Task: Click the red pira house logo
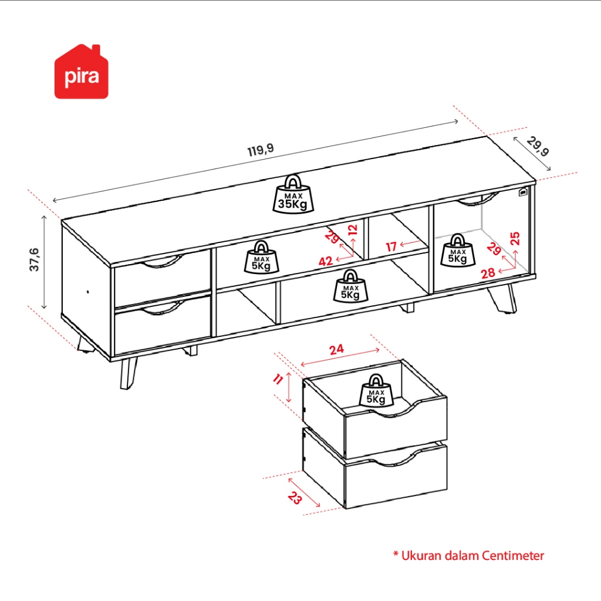[81, 72]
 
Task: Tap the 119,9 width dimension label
[261, 150]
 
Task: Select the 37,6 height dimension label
[34, 259]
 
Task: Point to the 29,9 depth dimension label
[538, 146]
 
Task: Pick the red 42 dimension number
[326, 261]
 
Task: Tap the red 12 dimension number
[353, 229]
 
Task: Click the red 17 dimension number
[391, 247]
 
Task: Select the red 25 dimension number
[515, 238]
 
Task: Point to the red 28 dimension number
[488, 274]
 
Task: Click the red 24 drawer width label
[336, 350]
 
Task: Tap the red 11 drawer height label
[278, 379]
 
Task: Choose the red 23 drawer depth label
[295, 498]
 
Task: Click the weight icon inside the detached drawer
[376, 390]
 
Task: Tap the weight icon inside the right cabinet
[458, 250]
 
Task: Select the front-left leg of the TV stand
[128, 373]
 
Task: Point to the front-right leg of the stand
[502, 298]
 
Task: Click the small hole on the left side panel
[88, 292]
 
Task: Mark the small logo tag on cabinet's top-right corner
[523, 192]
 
